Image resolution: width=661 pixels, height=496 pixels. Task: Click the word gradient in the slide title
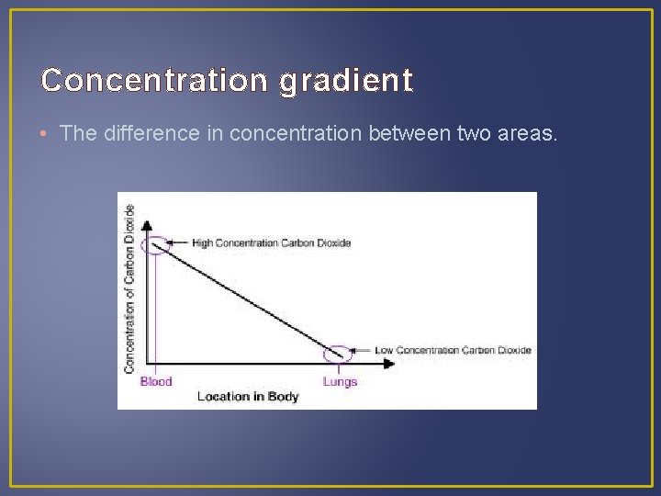345,82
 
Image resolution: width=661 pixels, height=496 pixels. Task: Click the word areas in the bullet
525,133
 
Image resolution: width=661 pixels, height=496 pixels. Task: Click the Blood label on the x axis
156,381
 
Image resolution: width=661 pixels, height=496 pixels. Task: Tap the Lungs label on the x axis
340,381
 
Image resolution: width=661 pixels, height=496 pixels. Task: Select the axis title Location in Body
248,397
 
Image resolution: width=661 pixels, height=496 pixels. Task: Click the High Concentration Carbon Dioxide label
271,243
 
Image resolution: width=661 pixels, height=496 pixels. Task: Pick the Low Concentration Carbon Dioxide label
453,350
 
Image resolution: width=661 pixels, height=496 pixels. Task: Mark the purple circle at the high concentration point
155,244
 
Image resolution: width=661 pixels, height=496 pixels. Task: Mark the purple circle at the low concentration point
339,352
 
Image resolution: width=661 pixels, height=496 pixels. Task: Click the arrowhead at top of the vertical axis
147,222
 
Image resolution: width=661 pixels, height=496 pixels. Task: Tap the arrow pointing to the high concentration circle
180,243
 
